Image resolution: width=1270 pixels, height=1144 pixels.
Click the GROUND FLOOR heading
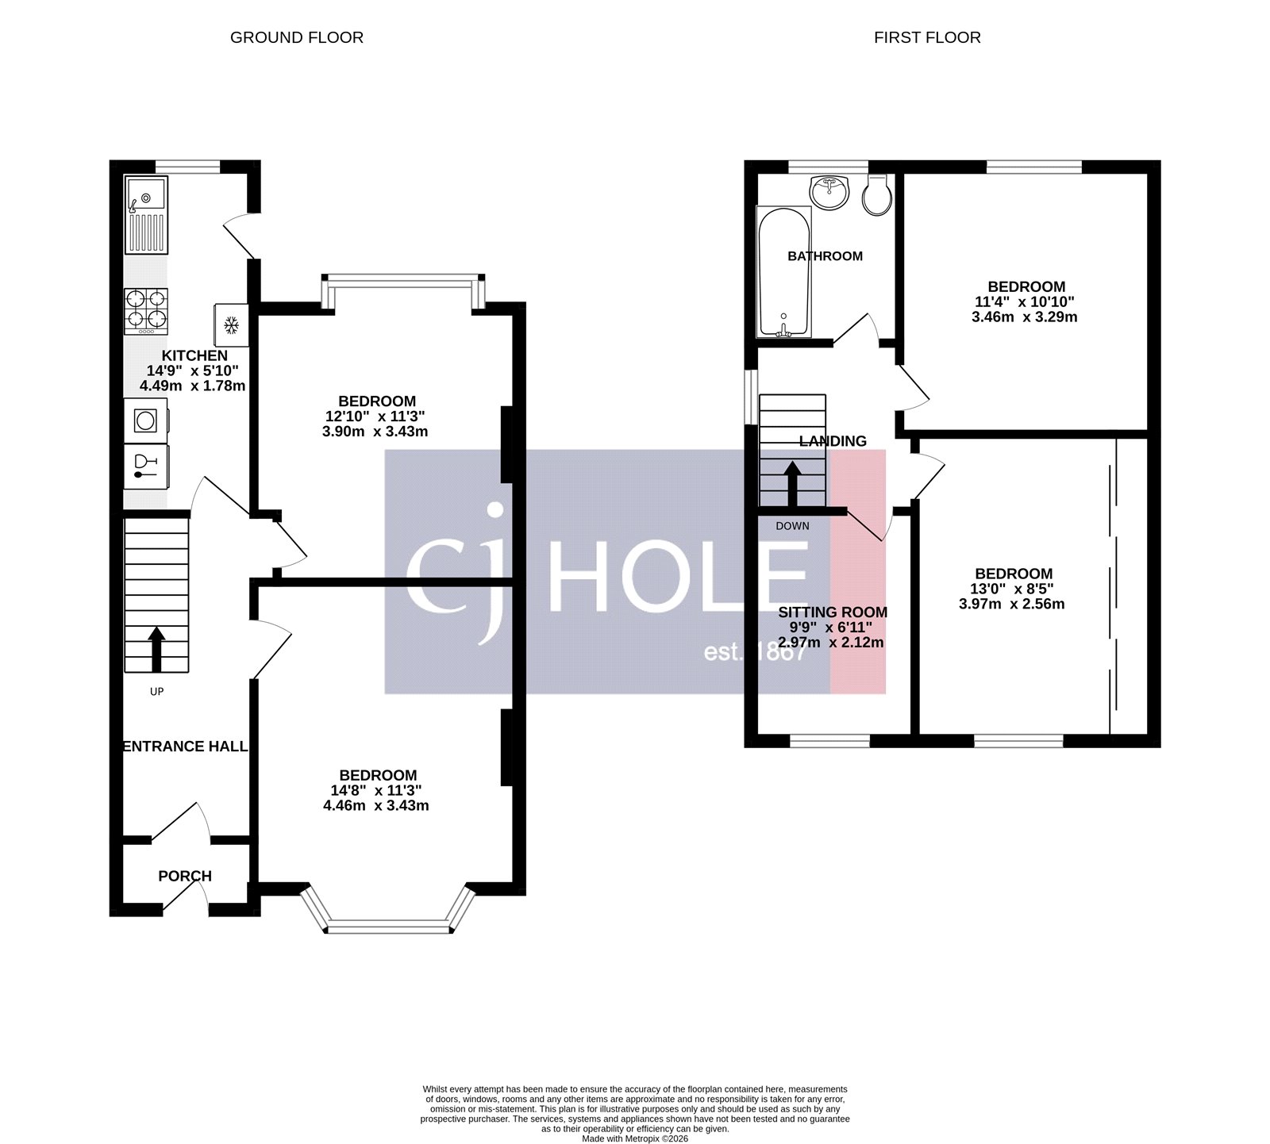pyautogui.click(x=296, y=37)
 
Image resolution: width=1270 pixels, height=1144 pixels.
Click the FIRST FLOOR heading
pyautogui.click(x=926, y=37)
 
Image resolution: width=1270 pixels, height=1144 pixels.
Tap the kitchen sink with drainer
pyautogui.click(x=146, y=214)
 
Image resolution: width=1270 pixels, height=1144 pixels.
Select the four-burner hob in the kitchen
pyautogui.click(x=147, y=310)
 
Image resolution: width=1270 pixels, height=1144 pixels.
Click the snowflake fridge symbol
pyautogui.click(x=232, y=324)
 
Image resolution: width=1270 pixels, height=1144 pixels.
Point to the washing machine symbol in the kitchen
pyautogui.click(x=145, y=420)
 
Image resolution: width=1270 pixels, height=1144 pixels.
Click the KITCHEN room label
pyautogui.click(x=194, y=355)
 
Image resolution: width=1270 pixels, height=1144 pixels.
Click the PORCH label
pyautogui.click(x=185, y=876)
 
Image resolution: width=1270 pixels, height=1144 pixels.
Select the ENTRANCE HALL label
pyautogui.click(x=185, y=747)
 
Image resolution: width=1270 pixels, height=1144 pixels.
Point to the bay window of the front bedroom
pyautogui.click(x=387, y=925)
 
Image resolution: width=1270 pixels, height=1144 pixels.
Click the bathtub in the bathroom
pyautogui.click(x=784, y=271)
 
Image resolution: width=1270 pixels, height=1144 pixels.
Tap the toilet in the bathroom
pyautogui.click(x=877, y=196)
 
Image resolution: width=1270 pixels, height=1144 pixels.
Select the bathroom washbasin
pyautogui.click(x=829, y=191)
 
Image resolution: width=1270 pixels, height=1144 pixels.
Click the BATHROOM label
pyautogui.click(x=825, y=256)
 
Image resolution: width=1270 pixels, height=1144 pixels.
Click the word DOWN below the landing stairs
pyautogui.click(x=792, y=526)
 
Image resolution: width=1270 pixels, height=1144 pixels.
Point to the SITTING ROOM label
pyautogui.click(x=832, y=612)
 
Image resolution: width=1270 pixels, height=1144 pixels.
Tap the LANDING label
pyautogui.click(x=832, y=441)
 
